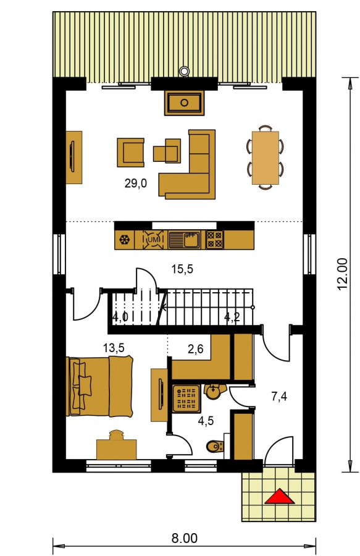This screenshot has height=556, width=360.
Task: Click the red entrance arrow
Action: tap(280, 497)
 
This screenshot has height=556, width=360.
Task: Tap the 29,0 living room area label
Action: tap(135, 183)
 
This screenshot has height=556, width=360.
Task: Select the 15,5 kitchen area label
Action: tap(182, 269)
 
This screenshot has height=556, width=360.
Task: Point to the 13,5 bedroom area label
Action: tap(114, 348)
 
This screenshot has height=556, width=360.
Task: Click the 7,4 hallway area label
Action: tap(279, 397)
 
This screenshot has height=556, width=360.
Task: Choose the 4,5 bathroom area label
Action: tap(206, 421)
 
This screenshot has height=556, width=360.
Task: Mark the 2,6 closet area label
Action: tap(195, 349)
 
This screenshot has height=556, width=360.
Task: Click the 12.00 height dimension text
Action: tap(342, 274)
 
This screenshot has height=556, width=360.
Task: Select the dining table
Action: tap(266, 158)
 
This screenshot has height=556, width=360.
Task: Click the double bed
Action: tap(100, 386)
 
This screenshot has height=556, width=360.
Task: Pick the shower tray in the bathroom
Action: tap(186, 399)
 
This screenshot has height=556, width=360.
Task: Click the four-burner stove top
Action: tap(215, 240)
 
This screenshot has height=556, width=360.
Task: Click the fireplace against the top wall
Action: tap(184, 103)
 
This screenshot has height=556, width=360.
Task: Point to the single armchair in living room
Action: tap(131, 153)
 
